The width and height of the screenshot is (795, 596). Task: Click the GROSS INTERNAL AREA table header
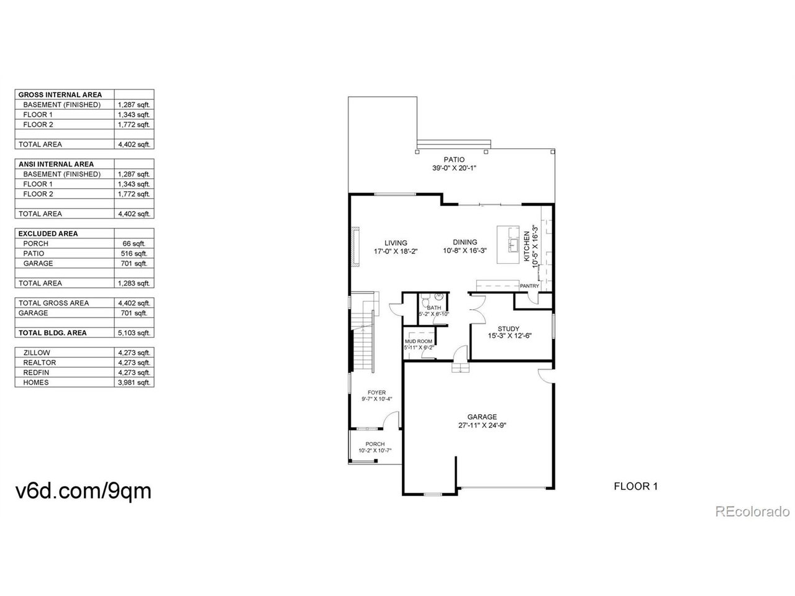(x=60, y=95)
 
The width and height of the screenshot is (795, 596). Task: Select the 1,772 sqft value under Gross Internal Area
(x=134, y=125)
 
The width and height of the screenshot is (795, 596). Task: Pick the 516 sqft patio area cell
(x=134, y=254)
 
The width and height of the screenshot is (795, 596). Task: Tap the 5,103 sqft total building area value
(x=134, y=333)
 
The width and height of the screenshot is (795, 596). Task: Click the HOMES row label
(x=36, y=383)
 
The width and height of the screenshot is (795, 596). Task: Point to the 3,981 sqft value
(x=134, y=383)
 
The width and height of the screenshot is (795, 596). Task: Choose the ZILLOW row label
(x=37, y=353)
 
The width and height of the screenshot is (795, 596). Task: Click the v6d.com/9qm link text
(x=83, y=491)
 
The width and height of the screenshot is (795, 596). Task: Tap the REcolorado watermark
(x=752, y=512)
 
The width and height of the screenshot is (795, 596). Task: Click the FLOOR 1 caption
(x=635, y=487)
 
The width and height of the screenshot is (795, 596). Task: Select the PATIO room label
(x=454, y=160)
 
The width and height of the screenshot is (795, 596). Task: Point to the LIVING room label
(x=396, y=243)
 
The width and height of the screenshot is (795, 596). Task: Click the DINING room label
(x=465, y=243)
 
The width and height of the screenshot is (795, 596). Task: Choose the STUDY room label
(x=509, y=329)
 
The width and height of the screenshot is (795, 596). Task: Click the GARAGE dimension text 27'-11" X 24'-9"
(x=482, y=426)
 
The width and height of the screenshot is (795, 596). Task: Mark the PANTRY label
(x=530, y=286)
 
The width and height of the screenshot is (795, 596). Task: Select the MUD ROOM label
(x=418, y=341)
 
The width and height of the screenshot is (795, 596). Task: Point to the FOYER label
(x=376, y=392)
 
